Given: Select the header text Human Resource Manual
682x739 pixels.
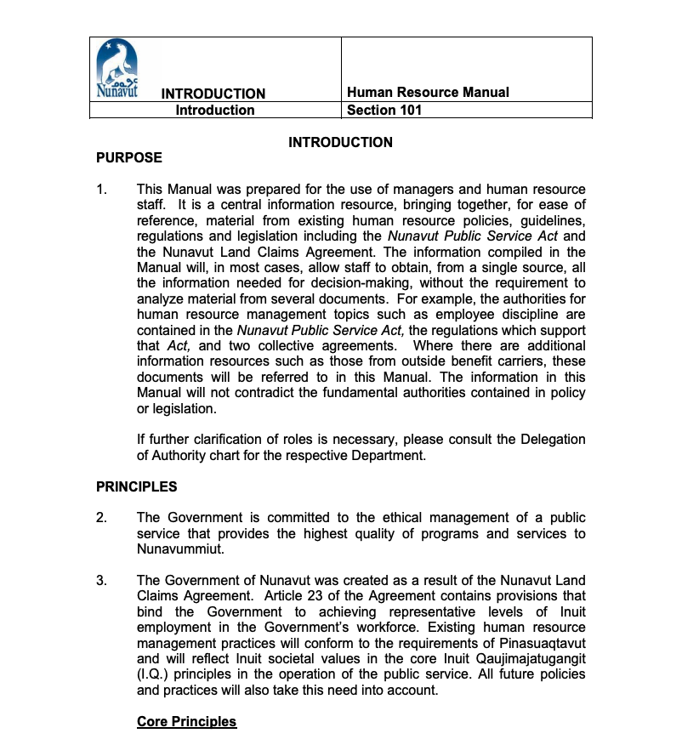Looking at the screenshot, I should point(428,93).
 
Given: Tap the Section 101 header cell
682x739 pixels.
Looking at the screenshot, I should point(384,110).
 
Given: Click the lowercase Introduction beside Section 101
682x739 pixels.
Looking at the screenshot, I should point(215,110).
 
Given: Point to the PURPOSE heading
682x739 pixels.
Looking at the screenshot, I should point(129,157).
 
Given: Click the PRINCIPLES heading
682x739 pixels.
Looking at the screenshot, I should point(137,486).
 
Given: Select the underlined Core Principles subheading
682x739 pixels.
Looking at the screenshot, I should point(186,721).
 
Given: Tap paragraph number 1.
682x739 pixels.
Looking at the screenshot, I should point(101,190).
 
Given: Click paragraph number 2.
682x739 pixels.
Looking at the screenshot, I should point(101,518).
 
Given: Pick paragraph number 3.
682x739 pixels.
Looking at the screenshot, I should point(101,581).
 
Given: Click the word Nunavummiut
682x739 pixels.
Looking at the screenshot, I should point(179,549).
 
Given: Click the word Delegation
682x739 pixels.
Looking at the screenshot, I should point(549,440).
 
